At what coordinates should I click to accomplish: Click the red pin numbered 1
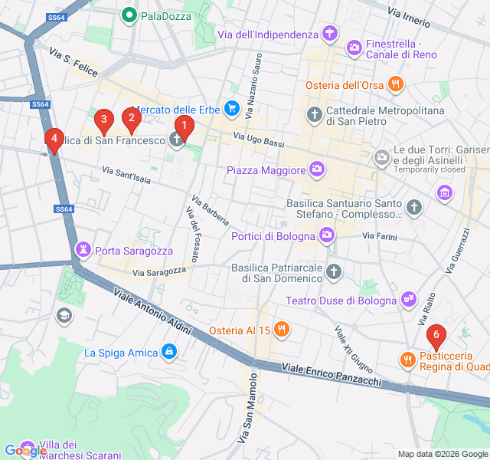184,125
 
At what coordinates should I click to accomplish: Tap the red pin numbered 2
132,117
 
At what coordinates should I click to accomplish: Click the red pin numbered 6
436,335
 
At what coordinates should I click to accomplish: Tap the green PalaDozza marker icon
129,15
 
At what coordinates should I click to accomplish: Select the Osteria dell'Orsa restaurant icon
395,85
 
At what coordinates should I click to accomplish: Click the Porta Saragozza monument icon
82,250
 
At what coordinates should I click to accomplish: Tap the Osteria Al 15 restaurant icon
282,330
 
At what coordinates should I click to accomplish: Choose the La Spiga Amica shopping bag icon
169,353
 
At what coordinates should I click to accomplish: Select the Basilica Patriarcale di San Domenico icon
334,271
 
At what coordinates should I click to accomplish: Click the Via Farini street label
380,237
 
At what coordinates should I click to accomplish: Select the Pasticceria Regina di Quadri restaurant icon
407,359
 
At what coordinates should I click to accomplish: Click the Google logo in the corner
24,452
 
